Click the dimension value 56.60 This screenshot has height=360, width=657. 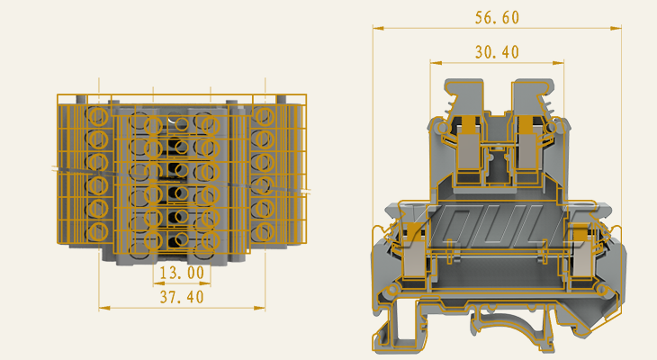497,18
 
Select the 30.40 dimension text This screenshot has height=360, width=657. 497,53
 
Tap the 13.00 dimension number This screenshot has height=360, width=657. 181,272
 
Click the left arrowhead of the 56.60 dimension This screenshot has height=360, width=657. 376,28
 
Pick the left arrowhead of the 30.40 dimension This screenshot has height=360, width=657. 434,63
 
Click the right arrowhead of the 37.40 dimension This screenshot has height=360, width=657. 262,308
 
